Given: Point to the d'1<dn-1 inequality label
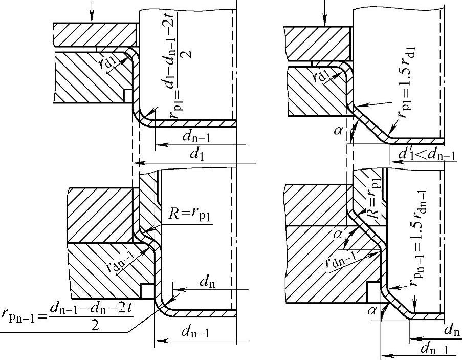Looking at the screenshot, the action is [x=422, y=154].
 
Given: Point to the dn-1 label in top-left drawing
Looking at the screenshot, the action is [x=194, y=138].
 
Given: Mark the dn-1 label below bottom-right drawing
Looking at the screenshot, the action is [x=433, y=350].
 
